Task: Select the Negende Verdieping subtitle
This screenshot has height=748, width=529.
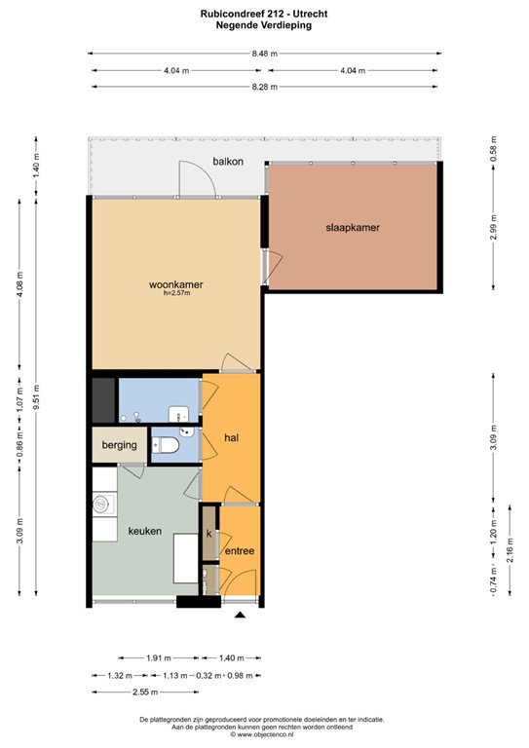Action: (264, 26)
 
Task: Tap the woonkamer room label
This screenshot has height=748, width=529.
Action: (175, 284)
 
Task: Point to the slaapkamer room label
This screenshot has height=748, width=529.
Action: (352, 228)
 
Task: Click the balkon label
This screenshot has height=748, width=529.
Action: (228, 161)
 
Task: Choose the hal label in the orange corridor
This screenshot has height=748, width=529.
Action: (232, 437)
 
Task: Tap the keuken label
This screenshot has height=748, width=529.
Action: (144, 532)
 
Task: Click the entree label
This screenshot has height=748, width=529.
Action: (240, 551)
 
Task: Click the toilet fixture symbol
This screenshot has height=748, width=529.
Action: (166, 445)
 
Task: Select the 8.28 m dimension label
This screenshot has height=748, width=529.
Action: (264, 87)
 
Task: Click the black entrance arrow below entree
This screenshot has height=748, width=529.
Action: (241, 614)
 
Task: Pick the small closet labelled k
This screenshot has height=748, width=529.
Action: (208, 534)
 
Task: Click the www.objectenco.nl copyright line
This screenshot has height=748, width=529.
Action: (264, 734)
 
